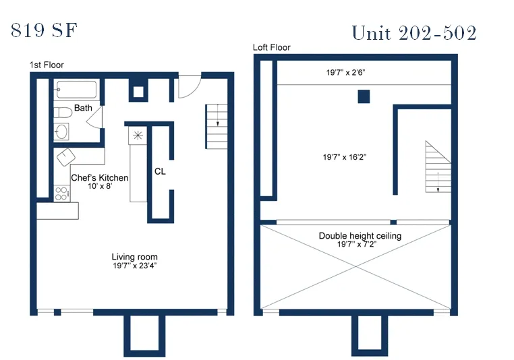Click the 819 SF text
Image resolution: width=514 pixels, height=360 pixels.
click(x=45, y=30)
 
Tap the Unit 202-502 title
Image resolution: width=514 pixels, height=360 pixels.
click(x=413, y=32)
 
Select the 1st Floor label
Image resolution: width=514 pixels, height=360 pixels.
click(x=47, y=65)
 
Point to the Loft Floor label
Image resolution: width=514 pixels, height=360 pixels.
click(x=272, y=47)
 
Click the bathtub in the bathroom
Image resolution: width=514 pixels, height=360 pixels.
click(x=77, y=90)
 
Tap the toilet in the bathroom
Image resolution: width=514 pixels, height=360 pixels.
click(x=62, y=112)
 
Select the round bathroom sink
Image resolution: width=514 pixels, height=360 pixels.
click(x=61, y=131)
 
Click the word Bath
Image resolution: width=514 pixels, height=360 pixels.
click(x=84, y=108)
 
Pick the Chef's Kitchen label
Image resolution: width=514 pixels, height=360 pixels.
click(x=99, y=177)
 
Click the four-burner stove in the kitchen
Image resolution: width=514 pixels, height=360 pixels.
click(x=61, y=193)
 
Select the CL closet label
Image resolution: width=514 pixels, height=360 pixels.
click(x=160, y=171)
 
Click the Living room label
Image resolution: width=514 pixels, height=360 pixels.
click(x=134, y=257)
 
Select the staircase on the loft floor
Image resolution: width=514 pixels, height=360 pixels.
click(x=438, y=167)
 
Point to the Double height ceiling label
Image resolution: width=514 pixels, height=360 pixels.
click(x=360, y=236)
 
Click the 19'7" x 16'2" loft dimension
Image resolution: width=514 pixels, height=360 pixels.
click(x=345, y=157)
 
